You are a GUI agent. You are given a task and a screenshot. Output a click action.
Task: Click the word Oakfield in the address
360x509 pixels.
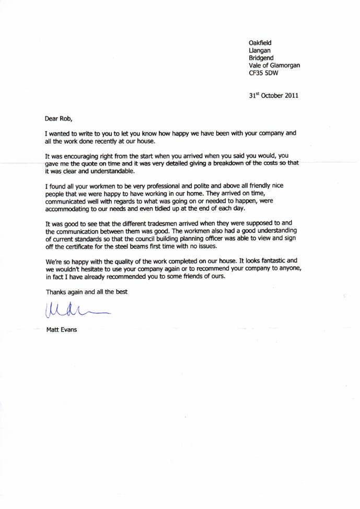(x=260, y=43)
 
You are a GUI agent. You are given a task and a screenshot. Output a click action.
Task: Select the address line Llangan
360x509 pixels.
(x=259, y=51)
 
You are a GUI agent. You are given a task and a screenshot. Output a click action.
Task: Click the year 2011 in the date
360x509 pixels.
(x=291, y=96)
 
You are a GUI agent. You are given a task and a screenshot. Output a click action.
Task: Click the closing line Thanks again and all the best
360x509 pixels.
(x=86, y=292)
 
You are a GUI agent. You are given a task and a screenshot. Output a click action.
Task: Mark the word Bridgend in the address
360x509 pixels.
(x=261, y=58)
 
